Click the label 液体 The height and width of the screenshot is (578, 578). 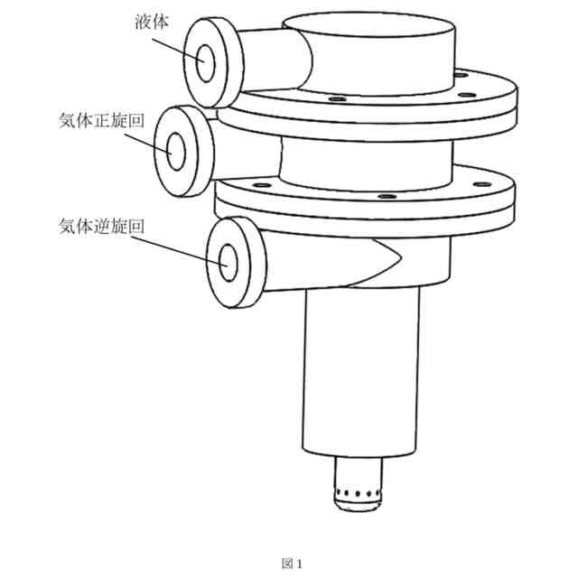pos(145,21)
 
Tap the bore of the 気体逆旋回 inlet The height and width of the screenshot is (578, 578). pos(227,261)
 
